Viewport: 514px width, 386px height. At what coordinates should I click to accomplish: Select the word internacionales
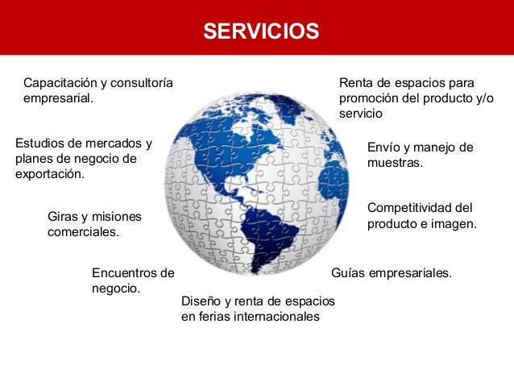(x=276, y=317)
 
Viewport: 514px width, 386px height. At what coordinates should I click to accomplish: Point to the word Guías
(x=348, y=273)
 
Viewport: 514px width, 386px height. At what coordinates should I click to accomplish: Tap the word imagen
(x=455, y=223)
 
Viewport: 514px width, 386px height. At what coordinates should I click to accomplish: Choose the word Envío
(x=383, y=147)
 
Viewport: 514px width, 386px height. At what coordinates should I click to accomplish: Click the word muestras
(x=395, y=163)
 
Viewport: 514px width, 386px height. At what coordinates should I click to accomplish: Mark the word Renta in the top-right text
(x=356, y=83)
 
